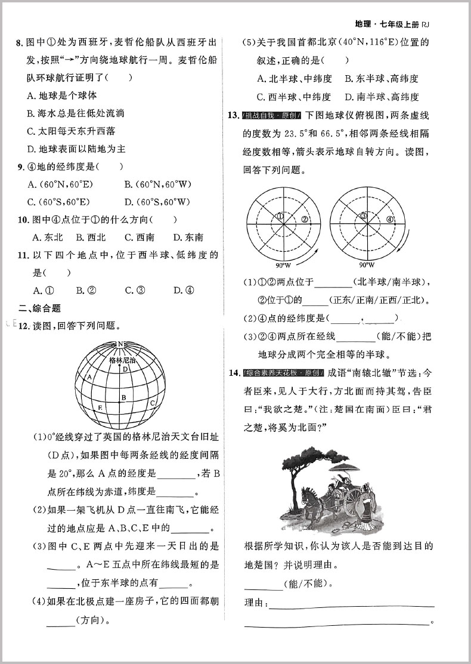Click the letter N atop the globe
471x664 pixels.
coord(121,344)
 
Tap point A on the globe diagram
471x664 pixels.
coord(89,378)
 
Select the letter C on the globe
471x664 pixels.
coord(153,403)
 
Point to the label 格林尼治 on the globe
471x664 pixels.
coord(123,361)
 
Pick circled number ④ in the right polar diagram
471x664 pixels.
coord(390,219)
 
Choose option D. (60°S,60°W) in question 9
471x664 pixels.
coord(157,202)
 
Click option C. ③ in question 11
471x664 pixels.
coord(135,291)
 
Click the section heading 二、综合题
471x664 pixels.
coord(39,308)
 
